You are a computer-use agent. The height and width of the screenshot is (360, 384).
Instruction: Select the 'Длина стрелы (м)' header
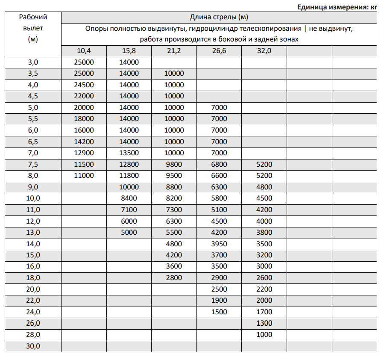point(219,18)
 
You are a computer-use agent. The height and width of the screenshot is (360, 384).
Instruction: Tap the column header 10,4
point(84,51)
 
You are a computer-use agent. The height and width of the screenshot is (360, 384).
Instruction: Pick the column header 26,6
point(219,51)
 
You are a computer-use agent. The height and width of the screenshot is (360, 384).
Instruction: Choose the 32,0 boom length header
point(264,51)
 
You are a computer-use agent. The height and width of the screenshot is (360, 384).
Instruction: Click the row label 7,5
point(33,164)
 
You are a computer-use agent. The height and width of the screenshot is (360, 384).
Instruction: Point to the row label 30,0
point(33,346)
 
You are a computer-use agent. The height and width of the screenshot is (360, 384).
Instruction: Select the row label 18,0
point(33,278)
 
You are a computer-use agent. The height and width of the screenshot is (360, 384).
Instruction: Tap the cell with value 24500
point(84,85)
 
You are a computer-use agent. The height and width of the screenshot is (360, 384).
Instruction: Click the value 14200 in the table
point(84,142)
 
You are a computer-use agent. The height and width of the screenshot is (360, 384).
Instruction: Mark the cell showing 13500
point(129,153)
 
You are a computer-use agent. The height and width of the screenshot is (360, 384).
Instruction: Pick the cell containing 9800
point(174,164)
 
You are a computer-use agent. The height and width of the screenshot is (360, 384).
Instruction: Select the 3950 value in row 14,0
point(219,244)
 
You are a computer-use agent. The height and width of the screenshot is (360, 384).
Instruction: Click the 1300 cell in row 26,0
point(264,323)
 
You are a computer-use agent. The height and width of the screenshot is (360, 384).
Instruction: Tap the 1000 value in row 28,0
point(264,334)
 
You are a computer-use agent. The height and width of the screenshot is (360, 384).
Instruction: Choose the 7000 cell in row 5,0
point(219,107)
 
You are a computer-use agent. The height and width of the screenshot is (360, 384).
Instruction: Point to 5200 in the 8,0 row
point(264,175)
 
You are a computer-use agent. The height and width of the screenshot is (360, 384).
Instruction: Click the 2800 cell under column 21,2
point(174,278)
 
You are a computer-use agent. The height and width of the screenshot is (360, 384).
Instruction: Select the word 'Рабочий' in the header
point(33,18)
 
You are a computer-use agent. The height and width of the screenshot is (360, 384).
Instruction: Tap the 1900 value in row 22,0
point(219,301)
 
